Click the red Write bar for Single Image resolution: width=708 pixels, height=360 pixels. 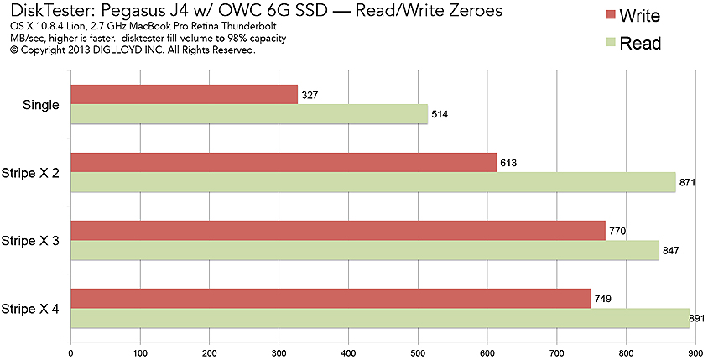pos(185,94)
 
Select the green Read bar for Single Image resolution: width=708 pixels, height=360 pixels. pos(249,114)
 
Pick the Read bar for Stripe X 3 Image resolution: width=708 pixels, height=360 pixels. pos(365,250)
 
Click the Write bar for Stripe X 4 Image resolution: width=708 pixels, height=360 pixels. pos(331,298)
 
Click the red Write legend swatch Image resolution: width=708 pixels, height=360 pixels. pos(610,16)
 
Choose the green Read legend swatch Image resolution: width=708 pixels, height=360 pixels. pos(610,43)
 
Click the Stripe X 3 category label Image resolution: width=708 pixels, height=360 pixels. pos(31,241)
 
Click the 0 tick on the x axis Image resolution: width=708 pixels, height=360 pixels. pos(71,352)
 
